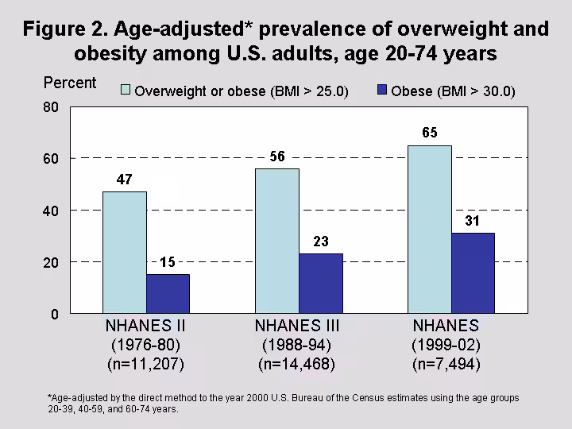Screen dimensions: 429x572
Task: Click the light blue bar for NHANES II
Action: [x=125, y=253]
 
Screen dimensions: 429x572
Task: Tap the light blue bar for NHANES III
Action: [x=276, y=241]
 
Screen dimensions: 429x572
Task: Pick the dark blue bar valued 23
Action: [x=320, y=284]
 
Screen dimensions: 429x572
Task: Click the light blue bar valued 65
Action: [x=429, y=230]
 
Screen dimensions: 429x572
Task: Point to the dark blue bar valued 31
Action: [x=473, y=273]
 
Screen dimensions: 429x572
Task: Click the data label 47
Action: [x=125, y=180]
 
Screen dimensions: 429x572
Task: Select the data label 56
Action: [x=276, y=157]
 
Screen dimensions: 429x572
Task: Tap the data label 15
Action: [x=168, y=262]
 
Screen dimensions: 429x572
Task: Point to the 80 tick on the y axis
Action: [x=51, y=107]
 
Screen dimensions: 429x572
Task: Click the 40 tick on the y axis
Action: [x=51, y=211]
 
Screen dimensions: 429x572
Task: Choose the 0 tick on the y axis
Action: [x=54, y=315]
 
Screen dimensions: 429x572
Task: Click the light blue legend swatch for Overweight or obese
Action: [x=126, y=91]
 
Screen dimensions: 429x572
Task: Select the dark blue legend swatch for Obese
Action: [x=382, y=91]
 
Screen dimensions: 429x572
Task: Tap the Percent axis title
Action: [x=70, y=83]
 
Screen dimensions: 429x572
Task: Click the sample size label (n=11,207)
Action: [x=145, y=365]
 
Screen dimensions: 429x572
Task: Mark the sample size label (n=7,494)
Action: [x=446, y=365]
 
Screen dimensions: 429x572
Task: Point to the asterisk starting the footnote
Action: [x=50, y=396]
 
